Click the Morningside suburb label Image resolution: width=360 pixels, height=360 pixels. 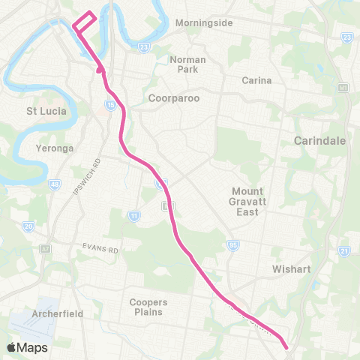tap(204, 22)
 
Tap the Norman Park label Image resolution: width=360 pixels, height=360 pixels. tap(187, 64)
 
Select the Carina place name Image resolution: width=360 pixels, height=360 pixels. tap(256, 79)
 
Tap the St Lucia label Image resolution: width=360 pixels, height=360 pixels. tap(46, 111)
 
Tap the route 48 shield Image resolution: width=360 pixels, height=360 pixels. tap(54, 184)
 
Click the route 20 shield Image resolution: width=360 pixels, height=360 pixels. tap(28, 226)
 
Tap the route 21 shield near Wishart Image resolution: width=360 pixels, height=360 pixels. tap(344, 250)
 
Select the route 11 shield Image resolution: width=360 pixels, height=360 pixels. tap(134, 216)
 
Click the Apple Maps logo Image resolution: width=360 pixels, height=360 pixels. tap(28, 347)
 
